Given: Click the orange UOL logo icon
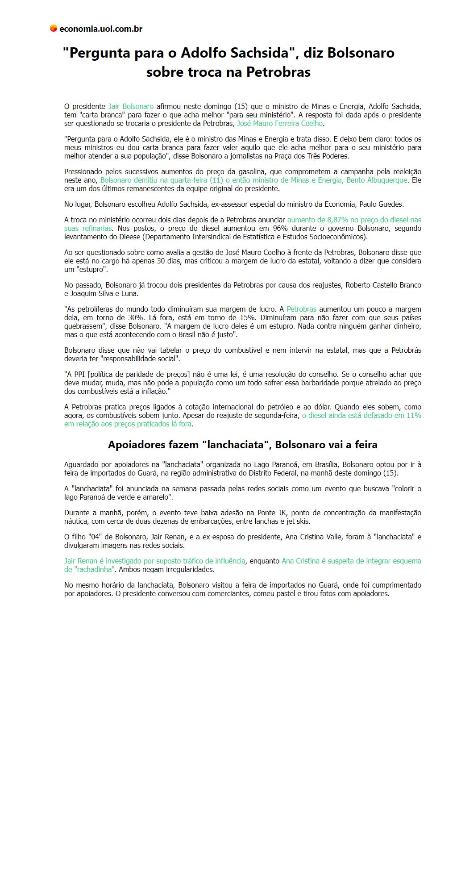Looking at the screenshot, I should tap(54, 29).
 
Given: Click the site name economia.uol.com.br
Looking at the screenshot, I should tap(101, 29).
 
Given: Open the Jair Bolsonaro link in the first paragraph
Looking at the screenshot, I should tap(131, 106).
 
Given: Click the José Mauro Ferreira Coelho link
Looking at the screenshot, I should tap(279, 123).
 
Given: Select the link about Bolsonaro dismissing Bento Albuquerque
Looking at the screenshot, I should tap(253, 180).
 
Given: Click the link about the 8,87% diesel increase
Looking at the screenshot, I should tap(354, 220).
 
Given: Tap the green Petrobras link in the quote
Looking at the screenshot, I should tap(301, 309).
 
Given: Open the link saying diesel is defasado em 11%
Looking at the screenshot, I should tap(361, 415).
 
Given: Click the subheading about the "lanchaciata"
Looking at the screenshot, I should tap(242, 445).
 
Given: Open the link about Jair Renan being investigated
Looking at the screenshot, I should tap(154, 561).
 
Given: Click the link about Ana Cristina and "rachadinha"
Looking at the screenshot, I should tap(351, 561).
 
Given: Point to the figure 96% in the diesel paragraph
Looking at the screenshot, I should tap(280, 228).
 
